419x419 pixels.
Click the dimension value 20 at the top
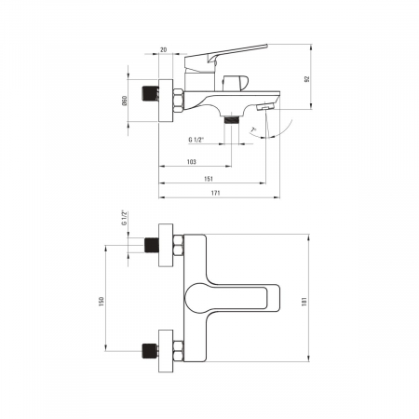click(164, 49)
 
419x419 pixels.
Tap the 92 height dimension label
click(307, 79)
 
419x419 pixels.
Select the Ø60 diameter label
click(125, 101)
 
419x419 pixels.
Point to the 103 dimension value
click(192, 162)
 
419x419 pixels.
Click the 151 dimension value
click(209, 179)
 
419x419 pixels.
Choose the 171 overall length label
click(215, 193)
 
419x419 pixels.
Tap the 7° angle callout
click(254, 129)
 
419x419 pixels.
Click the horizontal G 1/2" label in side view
click(196, 140)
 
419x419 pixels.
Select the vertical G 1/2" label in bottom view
click(125, 218)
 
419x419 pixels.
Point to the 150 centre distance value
click(101, 302)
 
